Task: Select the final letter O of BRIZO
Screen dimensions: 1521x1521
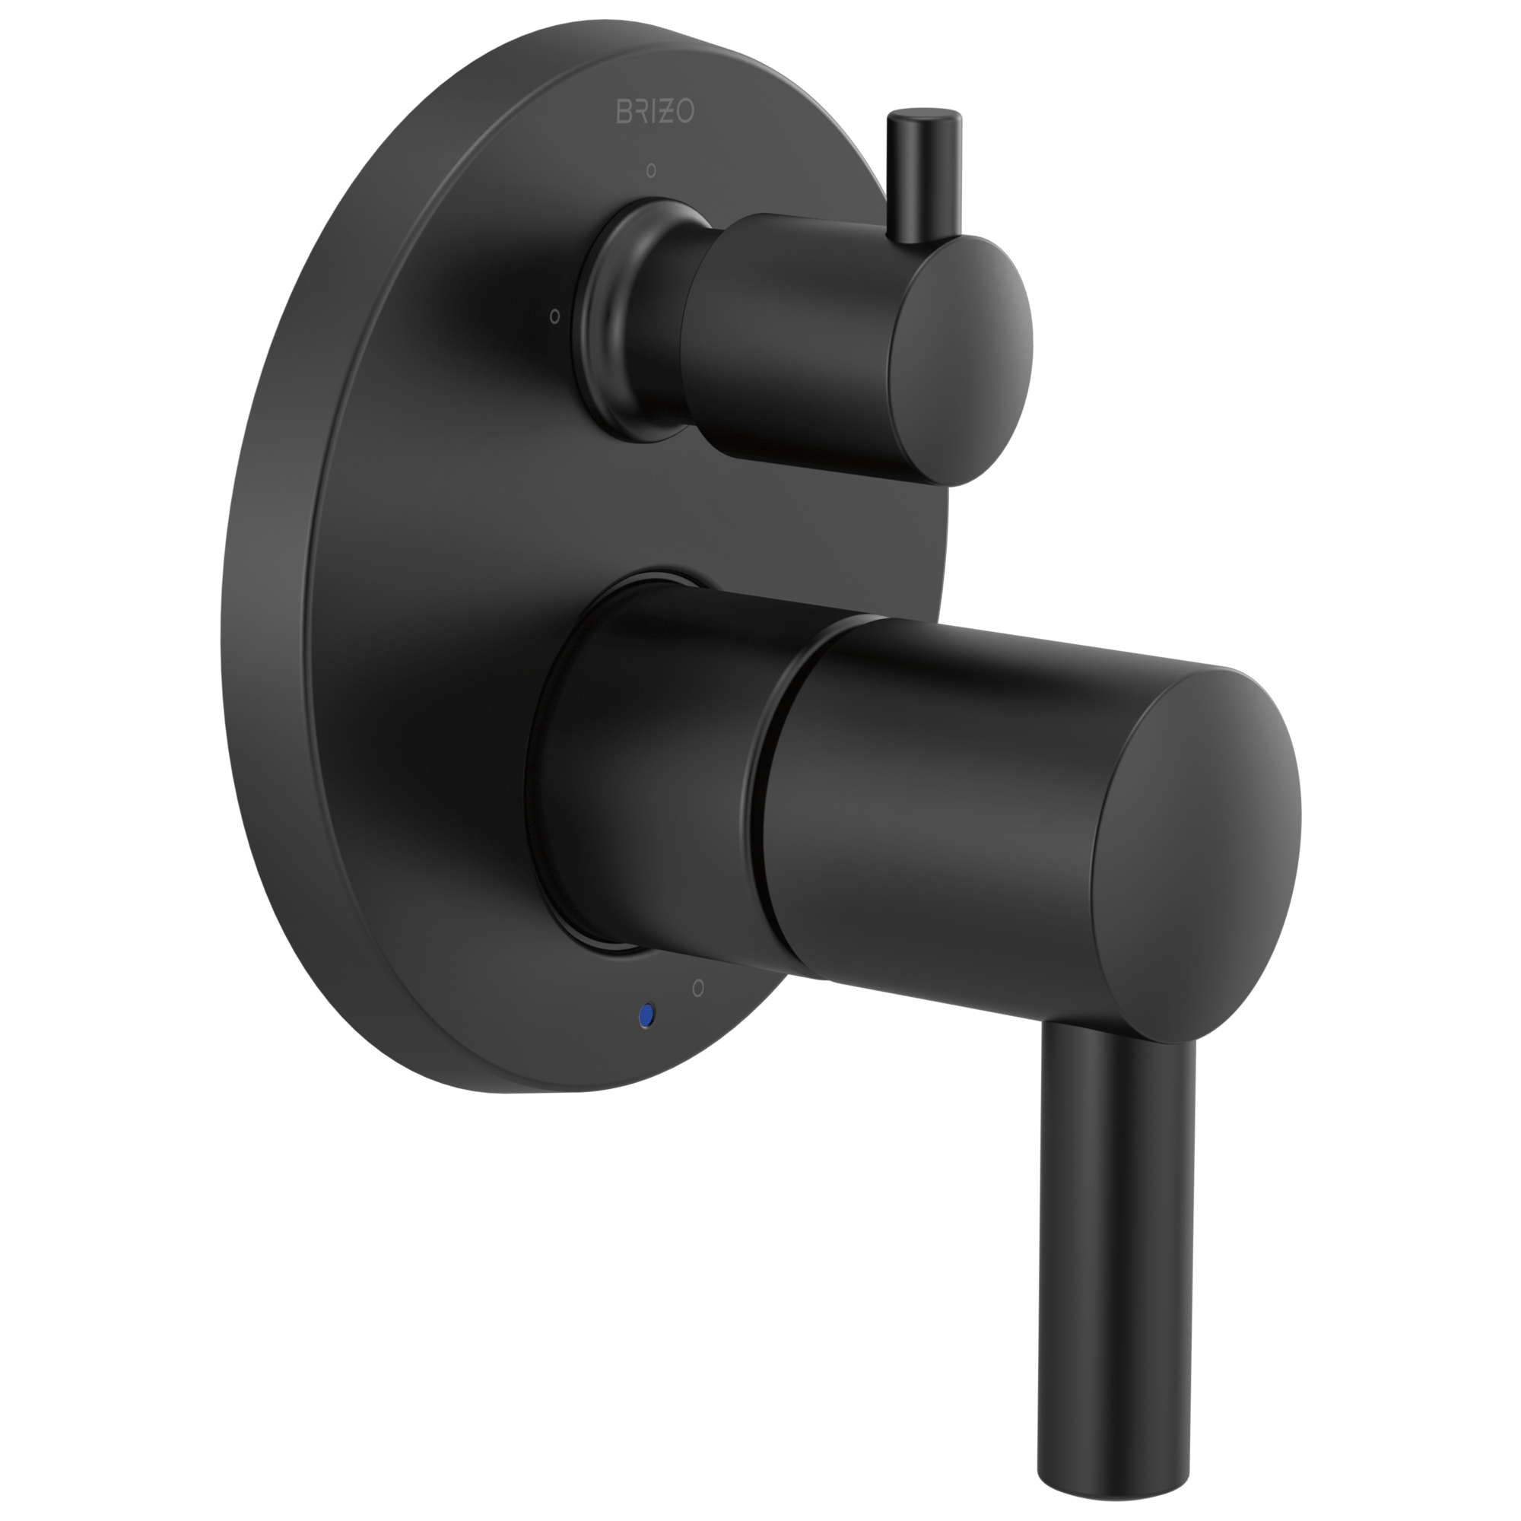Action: [685, 113]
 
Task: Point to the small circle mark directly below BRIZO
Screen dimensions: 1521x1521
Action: [651, 170]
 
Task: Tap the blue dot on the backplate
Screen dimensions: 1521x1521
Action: [647, 1016]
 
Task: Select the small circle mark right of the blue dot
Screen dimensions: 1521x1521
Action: [697, 986]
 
